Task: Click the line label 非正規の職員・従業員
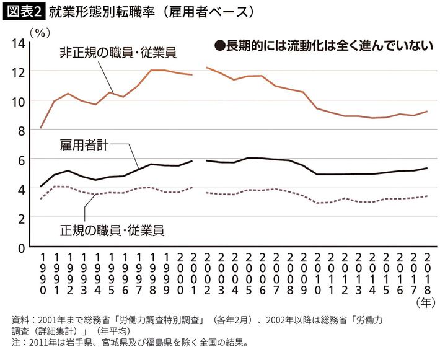tap(118, 53)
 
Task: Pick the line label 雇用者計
tap(85, 146)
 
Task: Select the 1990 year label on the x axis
tap(42, 273)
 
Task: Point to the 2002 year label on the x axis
tap(206, 273)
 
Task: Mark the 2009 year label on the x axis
tap(302, 273)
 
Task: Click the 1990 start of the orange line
tap(41, 128)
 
